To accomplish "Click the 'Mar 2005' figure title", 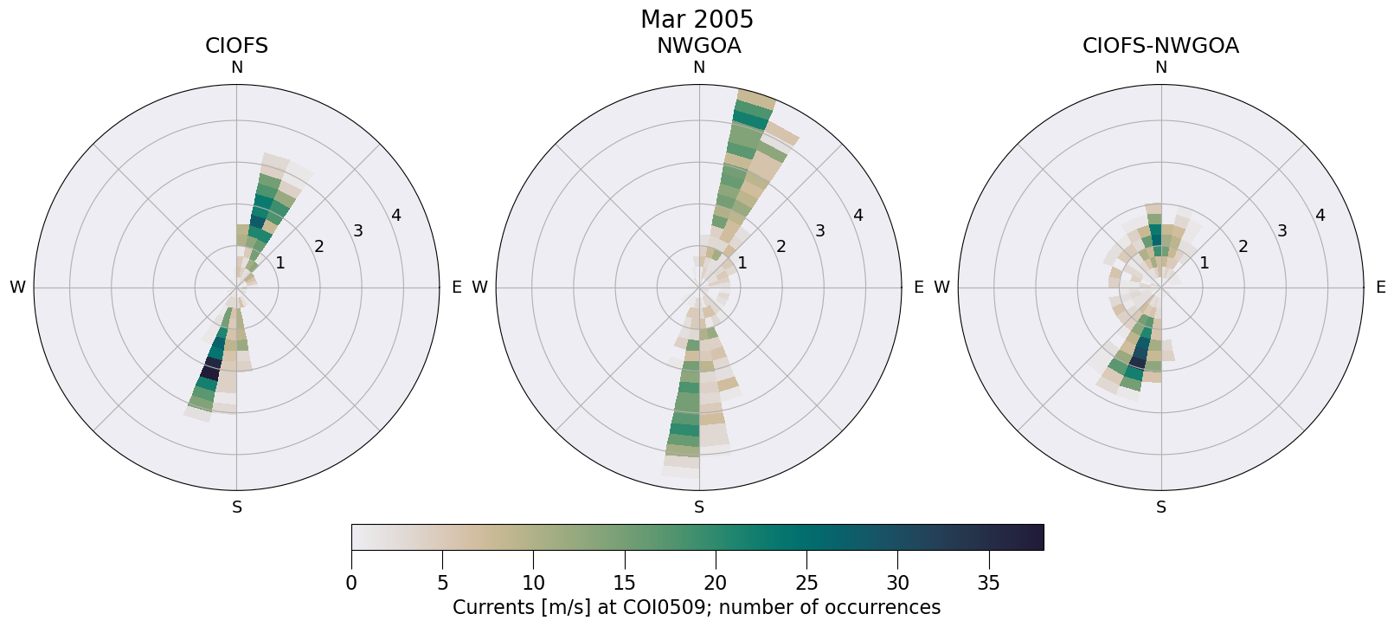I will (697, 19).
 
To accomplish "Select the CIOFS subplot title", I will (236, 46).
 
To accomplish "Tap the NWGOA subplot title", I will (698, 46).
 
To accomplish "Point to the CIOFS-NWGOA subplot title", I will (1160, 46).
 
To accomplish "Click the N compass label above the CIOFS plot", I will (236, 68).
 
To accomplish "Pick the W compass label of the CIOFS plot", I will (17, 288).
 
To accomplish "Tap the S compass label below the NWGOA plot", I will (699, 507).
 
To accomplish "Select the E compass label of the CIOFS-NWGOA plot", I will (1380, 288).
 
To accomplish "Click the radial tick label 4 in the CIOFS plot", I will (395, 215).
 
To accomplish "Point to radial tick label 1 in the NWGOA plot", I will (742, 262).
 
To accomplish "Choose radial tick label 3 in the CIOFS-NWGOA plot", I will (1282, 231).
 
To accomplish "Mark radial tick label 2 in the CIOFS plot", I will (318, 247).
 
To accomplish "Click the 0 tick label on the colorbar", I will (351, 584).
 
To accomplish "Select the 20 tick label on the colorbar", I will (715, 584).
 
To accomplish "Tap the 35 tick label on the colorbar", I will (988, 584).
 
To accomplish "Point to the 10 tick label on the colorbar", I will (533, 584).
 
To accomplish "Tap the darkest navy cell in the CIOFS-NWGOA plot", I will (1137, 363).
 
